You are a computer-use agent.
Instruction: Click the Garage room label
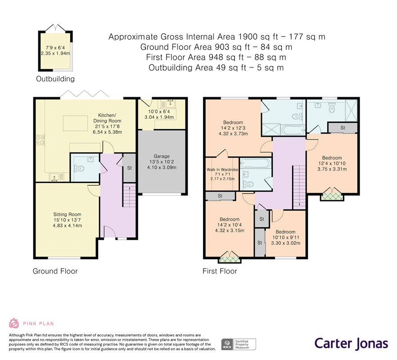162,156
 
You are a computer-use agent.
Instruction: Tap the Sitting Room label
67,215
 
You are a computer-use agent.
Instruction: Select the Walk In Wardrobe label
222,170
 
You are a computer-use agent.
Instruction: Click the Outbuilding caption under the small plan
55,79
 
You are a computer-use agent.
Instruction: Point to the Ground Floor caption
55,271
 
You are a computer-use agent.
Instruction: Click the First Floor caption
220,271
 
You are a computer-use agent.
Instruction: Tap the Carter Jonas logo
351,344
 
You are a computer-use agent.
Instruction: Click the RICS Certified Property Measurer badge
239,344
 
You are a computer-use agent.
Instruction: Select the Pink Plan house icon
14,323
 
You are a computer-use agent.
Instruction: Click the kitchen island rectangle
75,123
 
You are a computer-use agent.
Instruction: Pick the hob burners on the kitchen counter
41,140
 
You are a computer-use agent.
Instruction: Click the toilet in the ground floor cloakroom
79,168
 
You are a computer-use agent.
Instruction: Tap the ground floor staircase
129,195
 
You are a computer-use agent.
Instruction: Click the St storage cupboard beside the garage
129,167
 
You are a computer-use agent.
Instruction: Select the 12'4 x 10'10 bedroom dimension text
332,163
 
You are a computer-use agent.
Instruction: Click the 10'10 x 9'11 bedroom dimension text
285,238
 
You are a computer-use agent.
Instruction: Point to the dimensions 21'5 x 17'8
107,126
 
